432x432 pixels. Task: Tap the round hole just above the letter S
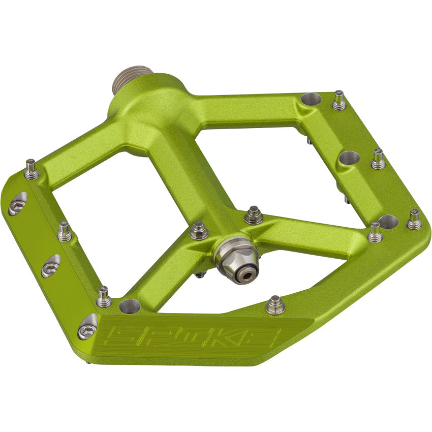(129, 306)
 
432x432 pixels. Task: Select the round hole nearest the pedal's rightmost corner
(388, 222)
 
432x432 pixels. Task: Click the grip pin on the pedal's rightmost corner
(414, 219)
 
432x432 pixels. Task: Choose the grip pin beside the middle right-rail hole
(377, 159)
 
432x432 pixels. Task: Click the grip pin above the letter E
(275, 304)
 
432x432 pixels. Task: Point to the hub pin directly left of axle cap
(199, 231)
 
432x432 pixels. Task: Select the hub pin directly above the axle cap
(253, 215)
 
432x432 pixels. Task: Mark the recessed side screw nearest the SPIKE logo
(87, 327)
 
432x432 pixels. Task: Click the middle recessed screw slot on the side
(50, 266)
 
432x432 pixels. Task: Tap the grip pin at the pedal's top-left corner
(31, 169)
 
